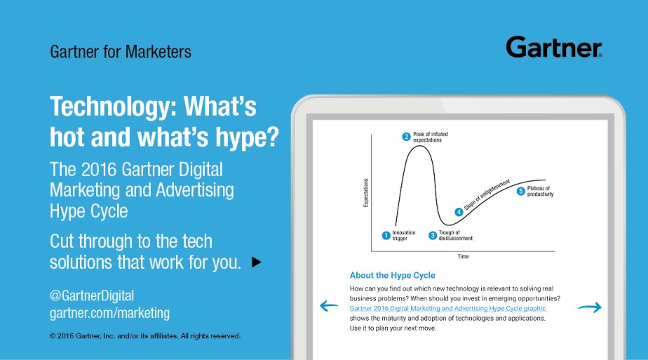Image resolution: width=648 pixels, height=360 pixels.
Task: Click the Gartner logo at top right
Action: pos(554,47)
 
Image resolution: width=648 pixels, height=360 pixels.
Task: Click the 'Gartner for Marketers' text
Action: pos(120,52)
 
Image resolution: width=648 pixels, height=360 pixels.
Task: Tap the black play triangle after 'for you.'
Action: pos(257,262)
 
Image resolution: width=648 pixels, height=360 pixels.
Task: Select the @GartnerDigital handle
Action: pos(92,295)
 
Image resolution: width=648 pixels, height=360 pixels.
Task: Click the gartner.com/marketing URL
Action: pos(109,313)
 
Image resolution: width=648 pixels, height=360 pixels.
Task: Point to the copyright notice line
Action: pos(145,336)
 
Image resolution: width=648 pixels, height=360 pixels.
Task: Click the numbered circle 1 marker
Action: pos(386,236)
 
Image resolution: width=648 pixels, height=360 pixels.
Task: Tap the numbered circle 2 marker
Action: pos(407,137)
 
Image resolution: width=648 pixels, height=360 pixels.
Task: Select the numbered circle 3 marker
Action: pos(433,236)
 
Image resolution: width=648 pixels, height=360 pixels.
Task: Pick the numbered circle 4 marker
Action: pos(459,212)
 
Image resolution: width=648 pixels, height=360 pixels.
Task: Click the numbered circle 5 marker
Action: pos(520,191)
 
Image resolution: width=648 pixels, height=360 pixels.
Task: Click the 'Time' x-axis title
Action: pos(464,257)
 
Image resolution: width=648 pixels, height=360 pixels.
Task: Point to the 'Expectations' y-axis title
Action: pos(366,193)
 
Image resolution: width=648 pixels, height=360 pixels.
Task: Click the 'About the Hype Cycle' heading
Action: pos(393,275)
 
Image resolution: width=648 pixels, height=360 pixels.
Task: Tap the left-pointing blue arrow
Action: pos(329,306)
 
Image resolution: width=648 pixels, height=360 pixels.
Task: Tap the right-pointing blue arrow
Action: pos(590,307)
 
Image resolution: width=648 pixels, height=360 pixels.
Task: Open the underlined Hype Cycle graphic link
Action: pos(448,308)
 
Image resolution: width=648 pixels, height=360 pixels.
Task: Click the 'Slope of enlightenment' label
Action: pos(487,195)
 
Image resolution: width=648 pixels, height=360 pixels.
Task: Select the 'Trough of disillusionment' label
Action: pos(455,236)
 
